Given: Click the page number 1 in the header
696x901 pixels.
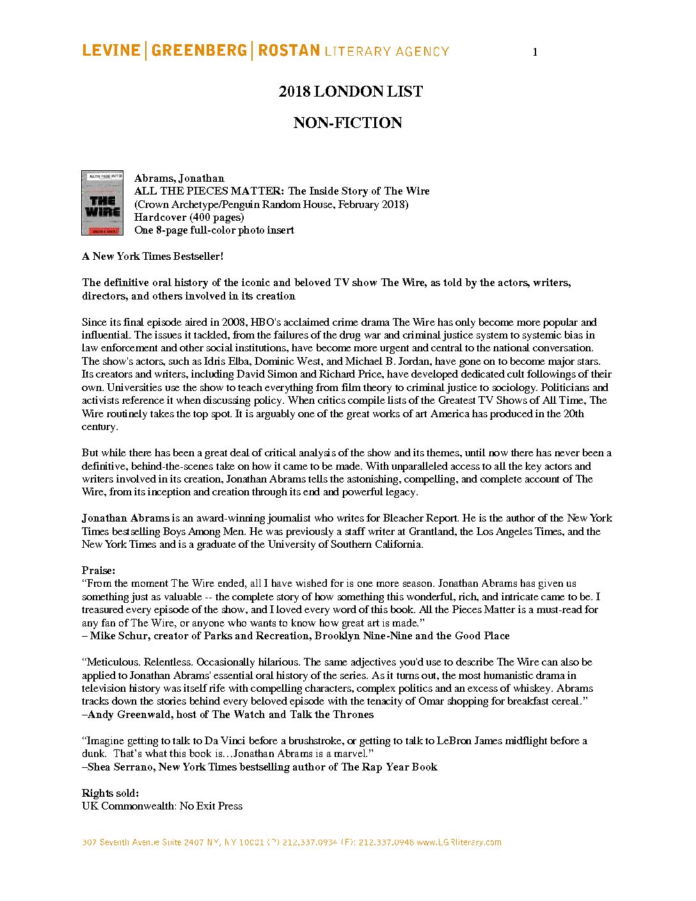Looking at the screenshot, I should (535, 52).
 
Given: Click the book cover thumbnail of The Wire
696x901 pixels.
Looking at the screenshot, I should (102, 202).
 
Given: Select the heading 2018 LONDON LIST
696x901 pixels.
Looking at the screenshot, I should (351, 92).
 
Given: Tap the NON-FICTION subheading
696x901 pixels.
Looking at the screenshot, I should (347, 123).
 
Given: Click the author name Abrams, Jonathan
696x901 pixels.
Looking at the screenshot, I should (179, 178).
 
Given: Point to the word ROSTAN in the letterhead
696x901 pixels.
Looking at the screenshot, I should (289, 51).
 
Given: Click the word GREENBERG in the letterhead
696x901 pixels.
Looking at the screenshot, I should (199, 51).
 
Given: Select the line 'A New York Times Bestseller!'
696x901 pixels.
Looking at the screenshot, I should (152, 256).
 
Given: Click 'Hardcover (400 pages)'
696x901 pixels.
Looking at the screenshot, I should (189, 217).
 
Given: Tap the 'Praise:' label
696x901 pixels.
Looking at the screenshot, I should (99, 570).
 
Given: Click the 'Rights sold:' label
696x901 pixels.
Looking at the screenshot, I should (110, 793).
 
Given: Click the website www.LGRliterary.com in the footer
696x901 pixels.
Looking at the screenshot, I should (459, 842).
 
